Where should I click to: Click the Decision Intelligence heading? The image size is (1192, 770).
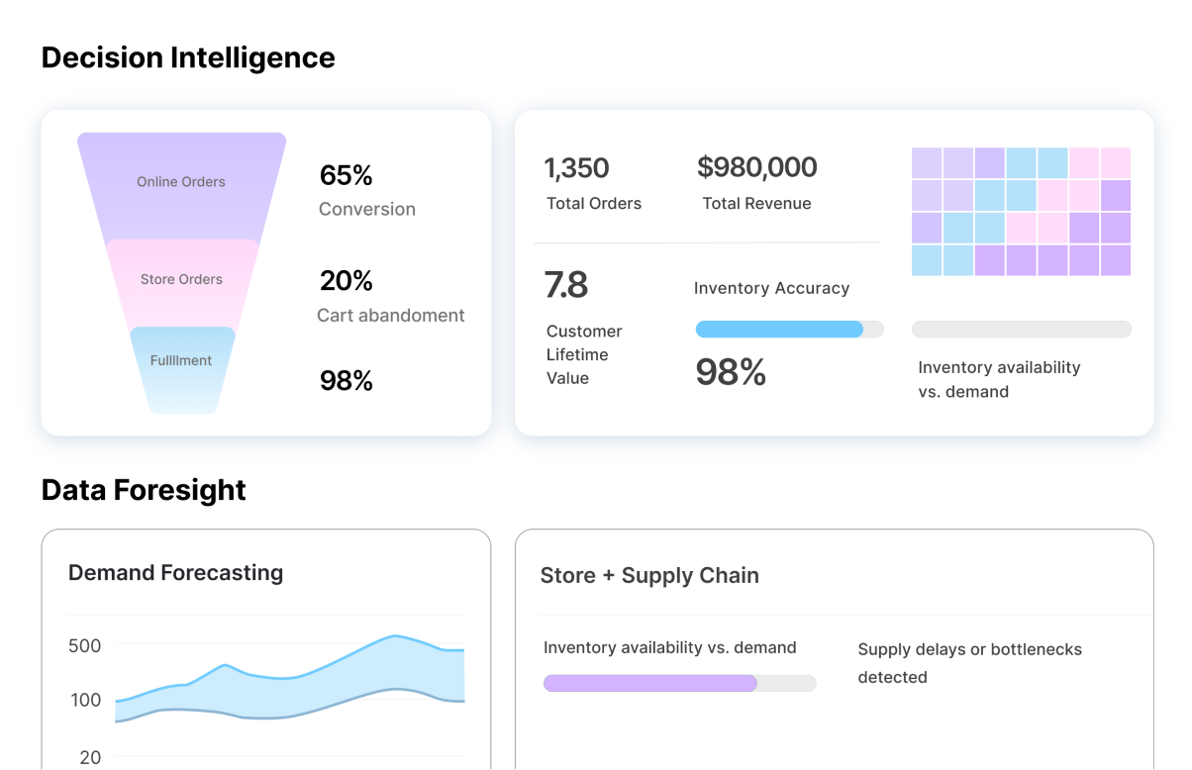pos(188,57)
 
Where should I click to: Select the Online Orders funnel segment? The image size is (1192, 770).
pos(181,182)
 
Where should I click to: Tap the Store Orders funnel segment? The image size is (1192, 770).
pos(181,280)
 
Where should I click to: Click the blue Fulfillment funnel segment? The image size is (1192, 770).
pos(181,362)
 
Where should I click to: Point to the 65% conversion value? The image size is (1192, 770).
pos(346,176)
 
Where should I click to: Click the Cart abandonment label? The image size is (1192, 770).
pos(390,316)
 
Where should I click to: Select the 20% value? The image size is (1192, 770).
pos(346,281)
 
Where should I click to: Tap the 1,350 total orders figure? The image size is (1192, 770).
pos(576,168)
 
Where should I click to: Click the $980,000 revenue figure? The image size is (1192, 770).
pos(757,167)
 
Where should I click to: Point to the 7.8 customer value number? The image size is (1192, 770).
pos(566,285)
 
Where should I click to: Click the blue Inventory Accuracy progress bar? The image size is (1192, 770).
pos(779,330)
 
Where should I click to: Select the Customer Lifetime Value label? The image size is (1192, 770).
pos(584,354)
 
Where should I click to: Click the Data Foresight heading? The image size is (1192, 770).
pos(144,490)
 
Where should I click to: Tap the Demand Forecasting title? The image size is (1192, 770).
pos(175,573)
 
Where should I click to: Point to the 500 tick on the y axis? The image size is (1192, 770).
pos(85,646)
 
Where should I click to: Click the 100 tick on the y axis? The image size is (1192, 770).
pos(85,700)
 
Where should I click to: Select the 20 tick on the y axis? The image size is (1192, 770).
pos(90,757)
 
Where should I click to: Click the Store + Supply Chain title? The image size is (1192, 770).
pos(649,576)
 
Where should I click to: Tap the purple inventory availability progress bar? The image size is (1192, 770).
pos(650,683)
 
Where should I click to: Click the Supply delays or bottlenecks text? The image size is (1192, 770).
pos(969,663)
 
